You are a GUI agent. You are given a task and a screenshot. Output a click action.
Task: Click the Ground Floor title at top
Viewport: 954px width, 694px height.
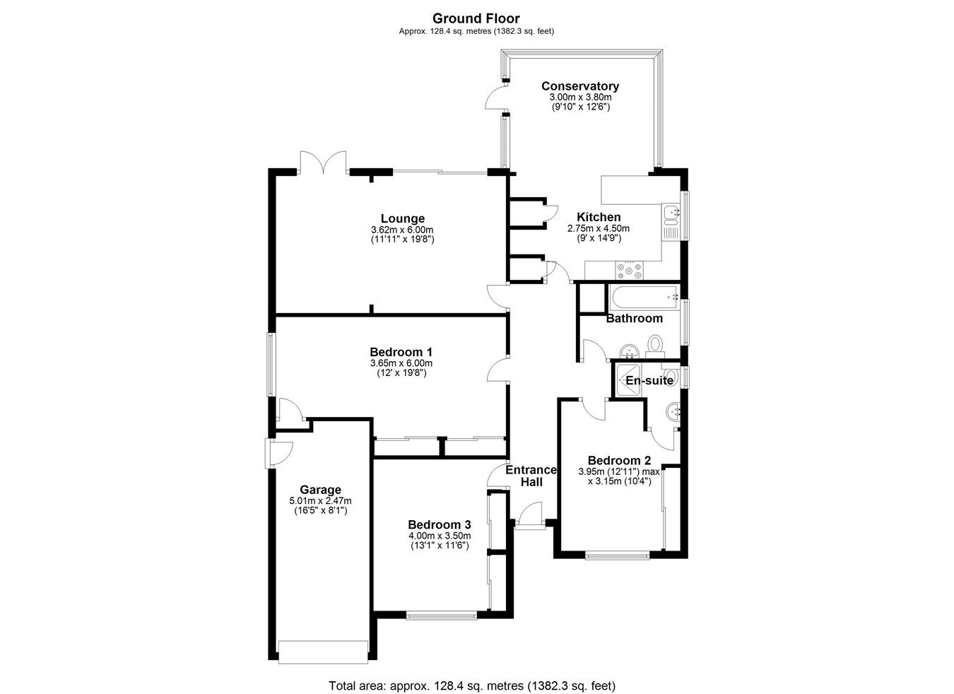(x=476, y=18)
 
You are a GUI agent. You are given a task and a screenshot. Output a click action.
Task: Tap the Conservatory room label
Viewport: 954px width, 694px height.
(x=579, y=86)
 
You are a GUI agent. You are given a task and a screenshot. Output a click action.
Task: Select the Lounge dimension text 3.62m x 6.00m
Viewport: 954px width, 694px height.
(x=402, y=230)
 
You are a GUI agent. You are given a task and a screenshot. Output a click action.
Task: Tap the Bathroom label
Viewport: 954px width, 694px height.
(x=634, y=318)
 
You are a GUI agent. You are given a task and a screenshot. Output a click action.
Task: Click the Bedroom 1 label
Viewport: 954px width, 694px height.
(x=401, y=351)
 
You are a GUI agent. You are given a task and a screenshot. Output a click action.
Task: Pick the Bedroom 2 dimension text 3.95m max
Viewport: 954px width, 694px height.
(x=618, y=471)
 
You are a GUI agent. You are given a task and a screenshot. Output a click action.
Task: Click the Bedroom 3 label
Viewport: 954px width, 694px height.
(x=439, y=524)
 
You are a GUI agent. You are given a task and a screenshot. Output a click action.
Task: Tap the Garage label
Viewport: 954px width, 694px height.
(x=320, y=490)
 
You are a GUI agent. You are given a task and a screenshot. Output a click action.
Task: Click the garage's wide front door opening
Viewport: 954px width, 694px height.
(x=324, y=651)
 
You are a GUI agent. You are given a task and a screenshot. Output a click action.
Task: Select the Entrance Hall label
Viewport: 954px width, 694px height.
(x=531, y=476)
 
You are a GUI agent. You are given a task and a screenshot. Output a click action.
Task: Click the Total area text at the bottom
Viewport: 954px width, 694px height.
(x=471, y=685)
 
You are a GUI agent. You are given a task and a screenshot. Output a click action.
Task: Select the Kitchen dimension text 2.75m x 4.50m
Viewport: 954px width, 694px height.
(x=598, y=228)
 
